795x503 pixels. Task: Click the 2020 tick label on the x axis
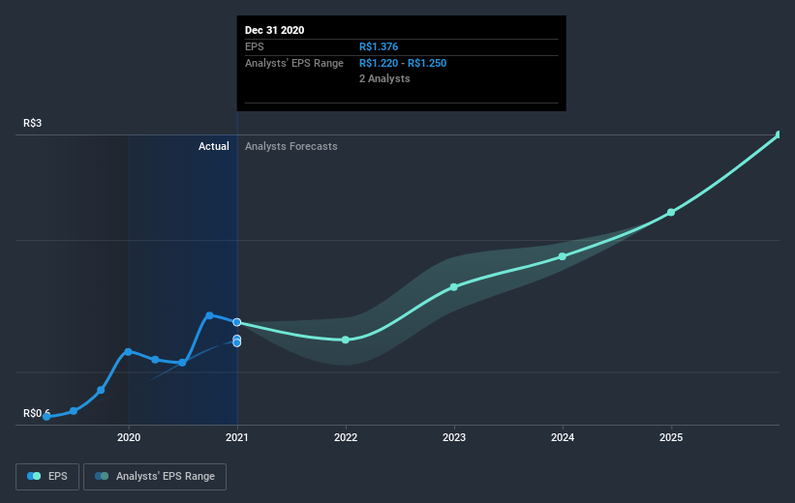pos(128,437)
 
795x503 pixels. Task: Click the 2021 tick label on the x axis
pos(236,437)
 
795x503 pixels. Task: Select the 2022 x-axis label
pos(345,437)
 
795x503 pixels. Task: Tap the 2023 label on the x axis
pos(453,437)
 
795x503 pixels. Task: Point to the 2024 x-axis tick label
pos(562,437)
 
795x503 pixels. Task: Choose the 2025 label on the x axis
pos(670,437)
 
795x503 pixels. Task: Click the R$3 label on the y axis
pos(34,123)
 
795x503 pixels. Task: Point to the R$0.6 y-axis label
pos(38,413)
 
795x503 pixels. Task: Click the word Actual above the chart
pos(213,146)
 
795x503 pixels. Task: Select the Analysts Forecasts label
pos(291,146)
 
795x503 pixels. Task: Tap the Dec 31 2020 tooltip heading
pos(274,30)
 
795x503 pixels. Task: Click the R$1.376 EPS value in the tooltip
pos(378,46)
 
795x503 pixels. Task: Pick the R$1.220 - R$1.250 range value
pos(403,63)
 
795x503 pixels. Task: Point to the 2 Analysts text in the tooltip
pos(384,78)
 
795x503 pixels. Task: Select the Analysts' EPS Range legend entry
pos(155,476)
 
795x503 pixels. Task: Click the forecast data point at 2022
pos(345,340)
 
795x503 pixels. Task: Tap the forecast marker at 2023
pos(453,287)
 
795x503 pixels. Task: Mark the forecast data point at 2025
pos(670,212)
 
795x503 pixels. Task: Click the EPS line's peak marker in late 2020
pos(209,315)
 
